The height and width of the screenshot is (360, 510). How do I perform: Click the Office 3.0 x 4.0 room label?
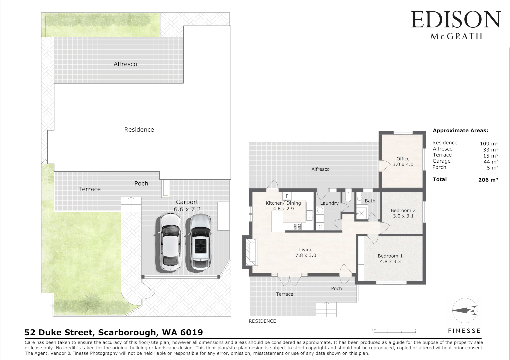click(x=403, y=162)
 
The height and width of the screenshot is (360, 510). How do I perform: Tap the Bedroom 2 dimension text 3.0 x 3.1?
click(x=403, y=216)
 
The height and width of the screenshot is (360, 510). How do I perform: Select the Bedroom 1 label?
click(x=390, y=256)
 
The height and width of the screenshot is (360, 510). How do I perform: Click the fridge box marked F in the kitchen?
click(x=287, y=196)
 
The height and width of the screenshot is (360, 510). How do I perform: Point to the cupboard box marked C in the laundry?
click(x=320, y=227)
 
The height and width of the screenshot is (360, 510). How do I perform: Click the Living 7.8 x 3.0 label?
click(x=306, y=253)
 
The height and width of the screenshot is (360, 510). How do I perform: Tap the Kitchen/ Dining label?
click(x=283, y=203)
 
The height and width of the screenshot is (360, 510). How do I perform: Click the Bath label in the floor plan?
click(x=370, y=201)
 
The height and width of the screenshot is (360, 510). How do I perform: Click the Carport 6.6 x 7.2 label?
click(x=187, y=205)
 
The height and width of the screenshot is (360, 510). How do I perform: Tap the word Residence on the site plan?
click(x=139, y=130)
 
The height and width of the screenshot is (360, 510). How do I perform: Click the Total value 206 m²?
click(x=488, y=180)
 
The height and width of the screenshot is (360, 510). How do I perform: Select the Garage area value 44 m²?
click(x=491, y=162)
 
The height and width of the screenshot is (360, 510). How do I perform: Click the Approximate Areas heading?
click(x=460, y=131)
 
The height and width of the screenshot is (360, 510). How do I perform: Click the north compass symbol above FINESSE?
click(x=465, y=311)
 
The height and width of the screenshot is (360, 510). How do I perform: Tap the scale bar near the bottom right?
click(x=394, y=330)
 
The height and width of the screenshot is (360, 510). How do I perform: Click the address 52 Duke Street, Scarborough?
click(x=114, y=332)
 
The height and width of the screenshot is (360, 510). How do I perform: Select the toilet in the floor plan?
click(x=348, y=197)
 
